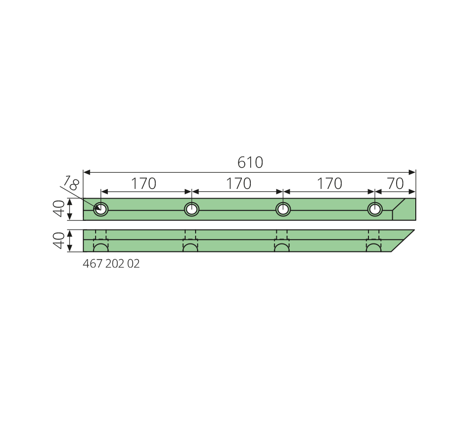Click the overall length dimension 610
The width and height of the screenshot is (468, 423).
coord(250,162)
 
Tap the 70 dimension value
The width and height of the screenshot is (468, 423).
coord(396,183)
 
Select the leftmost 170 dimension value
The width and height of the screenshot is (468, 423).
coord(143,183)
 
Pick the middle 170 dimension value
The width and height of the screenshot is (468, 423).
coord(238,183)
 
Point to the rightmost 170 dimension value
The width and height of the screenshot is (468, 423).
coord(329,183)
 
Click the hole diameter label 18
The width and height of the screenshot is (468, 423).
coord(71,183)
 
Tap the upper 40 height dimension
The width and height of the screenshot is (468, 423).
coord(59,209)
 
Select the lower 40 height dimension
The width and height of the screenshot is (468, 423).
coord(59,240)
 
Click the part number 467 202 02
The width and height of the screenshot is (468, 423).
coord(111,264)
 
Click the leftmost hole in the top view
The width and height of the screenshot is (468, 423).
coord(101,209)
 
